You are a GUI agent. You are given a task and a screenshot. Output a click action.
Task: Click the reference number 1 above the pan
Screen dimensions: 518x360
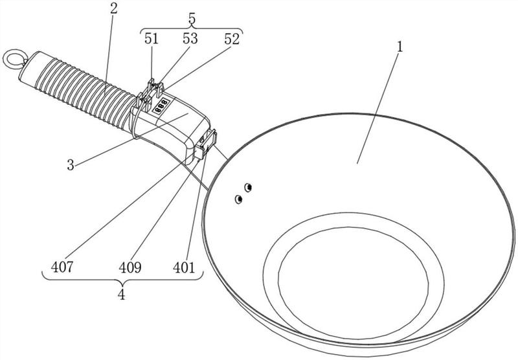(400, 47)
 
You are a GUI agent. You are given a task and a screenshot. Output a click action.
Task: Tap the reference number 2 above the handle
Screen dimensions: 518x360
(114, 9)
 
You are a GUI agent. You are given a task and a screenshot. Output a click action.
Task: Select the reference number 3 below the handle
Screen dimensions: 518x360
(71, 165)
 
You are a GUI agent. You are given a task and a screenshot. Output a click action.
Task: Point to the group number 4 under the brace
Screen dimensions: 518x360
(122, 294)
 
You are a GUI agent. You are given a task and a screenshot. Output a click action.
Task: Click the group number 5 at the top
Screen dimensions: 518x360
(192, 19)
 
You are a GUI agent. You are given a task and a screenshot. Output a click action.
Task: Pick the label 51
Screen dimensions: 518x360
(152, 39)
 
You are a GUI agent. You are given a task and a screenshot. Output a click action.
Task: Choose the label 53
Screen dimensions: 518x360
(190, 39)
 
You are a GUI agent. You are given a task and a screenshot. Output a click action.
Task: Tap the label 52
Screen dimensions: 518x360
(232, 39)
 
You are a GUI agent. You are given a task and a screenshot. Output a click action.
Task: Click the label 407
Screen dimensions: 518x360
(62, 267)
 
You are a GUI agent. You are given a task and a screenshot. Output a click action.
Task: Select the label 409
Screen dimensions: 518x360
(130, 267)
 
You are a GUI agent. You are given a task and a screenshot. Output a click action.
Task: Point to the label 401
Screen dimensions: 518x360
(184, 267)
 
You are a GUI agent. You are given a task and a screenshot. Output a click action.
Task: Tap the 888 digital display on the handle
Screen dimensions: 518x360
(161, 106)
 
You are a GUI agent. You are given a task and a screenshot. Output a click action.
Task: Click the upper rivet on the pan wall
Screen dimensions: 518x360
(249, 188)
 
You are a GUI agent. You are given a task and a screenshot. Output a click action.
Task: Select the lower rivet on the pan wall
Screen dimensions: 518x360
(238, 199)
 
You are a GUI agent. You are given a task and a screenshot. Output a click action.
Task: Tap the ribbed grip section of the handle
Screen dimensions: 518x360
(86, 91)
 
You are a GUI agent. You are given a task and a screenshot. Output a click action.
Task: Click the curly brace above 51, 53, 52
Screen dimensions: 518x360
(192, 29)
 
